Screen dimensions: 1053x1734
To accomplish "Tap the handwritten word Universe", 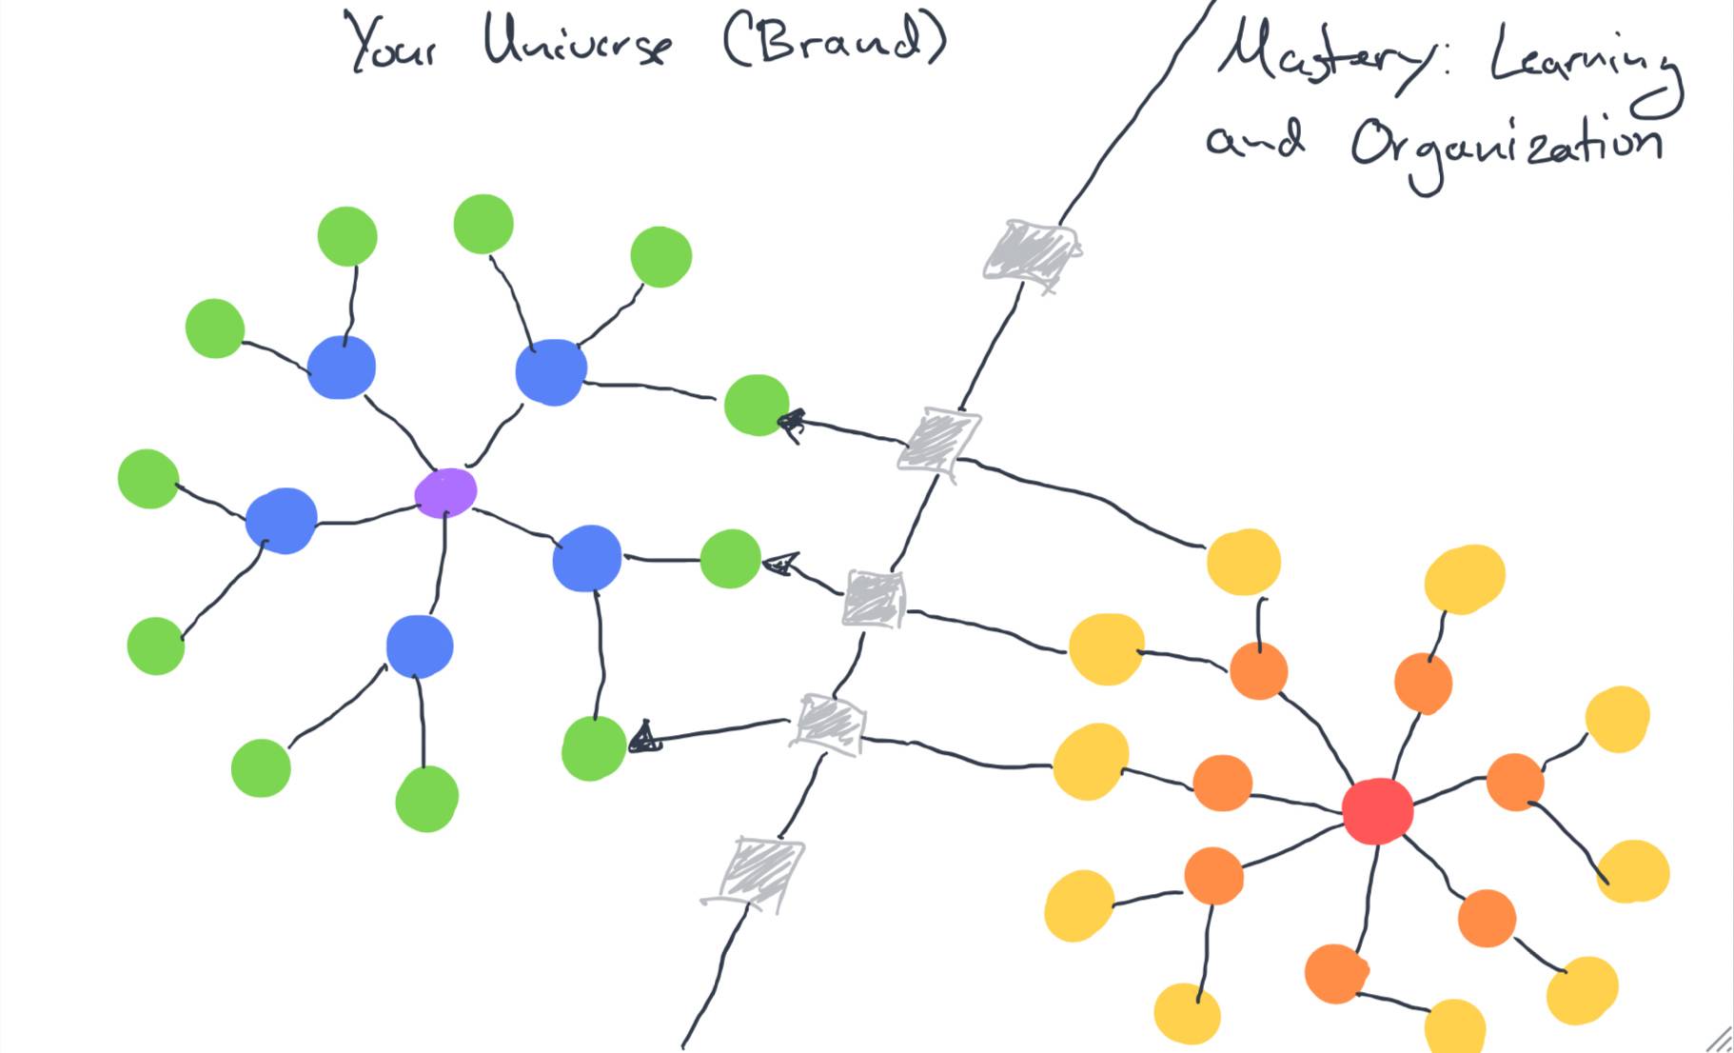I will (x=577, y=42).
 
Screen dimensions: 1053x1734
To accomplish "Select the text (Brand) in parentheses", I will (x=834, y=42).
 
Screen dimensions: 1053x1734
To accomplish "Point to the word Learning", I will (x=1584, y=63).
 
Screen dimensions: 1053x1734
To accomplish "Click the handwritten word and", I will (x=1254, y=141).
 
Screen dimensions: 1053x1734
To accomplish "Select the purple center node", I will (x=445, y=492).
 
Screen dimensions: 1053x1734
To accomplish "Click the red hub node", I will (x=1377, y=810).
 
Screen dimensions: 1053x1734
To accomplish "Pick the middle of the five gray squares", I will (x=873, y=599).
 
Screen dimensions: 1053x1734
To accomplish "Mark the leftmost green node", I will (x=148, y=478).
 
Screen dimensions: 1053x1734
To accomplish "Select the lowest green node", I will (x=426, y=799).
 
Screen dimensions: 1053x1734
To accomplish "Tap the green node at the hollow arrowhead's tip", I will (x=730, y=559).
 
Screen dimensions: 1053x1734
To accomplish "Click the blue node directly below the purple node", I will (x=420, y=646).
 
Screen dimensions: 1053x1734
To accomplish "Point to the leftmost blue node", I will (x=281, y=520).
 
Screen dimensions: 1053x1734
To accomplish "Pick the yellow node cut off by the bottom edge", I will (x=1455, y=1028).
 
